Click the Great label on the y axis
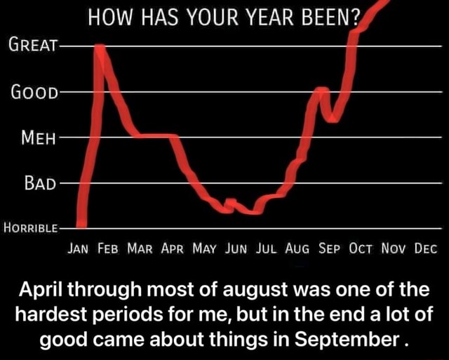pos(33,45)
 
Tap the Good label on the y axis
pos(34,92)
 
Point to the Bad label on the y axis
pos(40,182)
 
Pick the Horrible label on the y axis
pos(31,228)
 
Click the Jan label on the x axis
pos(78,248)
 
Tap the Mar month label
pos(140,248)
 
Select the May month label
pos(204,248)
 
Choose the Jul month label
pos(266,248)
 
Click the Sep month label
pos(329,248)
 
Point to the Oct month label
pos(361,248)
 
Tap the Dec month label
pos(426,248)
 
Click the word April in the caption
pos(41,290)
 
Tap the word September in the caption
pos(347,340)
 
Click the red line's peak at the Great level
pos(100,47)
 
